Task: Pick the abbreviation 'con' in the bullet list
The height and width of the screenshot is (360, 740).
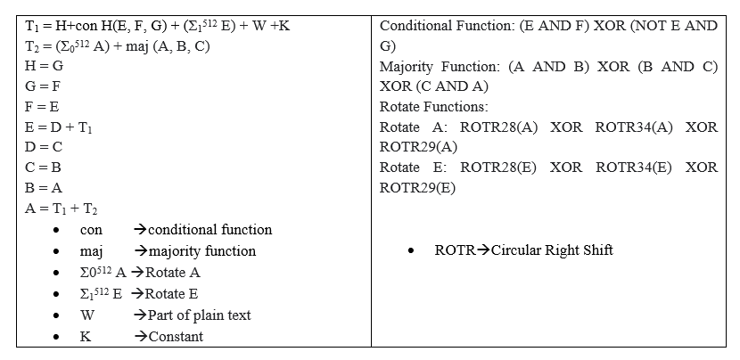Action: pyautogui.click(x=103, y=230)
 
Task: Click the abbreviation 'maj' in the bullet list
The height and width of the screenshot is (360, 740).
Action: pyautogui.click(x=104, y=251)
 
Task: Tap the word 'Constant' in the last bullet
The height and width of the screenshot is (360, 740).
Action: pyautogui.click(x=176, y=337)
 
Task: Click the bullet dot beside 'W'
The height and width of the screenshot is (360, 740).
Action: pyautogui.click(x=56, y=316)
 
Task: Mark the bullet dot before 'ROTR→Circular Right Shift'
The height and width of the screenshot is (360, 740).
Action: pyautogui.click(x=409, y=251)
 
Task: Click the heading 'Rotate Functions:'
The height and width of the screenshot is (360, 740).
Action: pyautogui.click(x=434, y=107)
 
